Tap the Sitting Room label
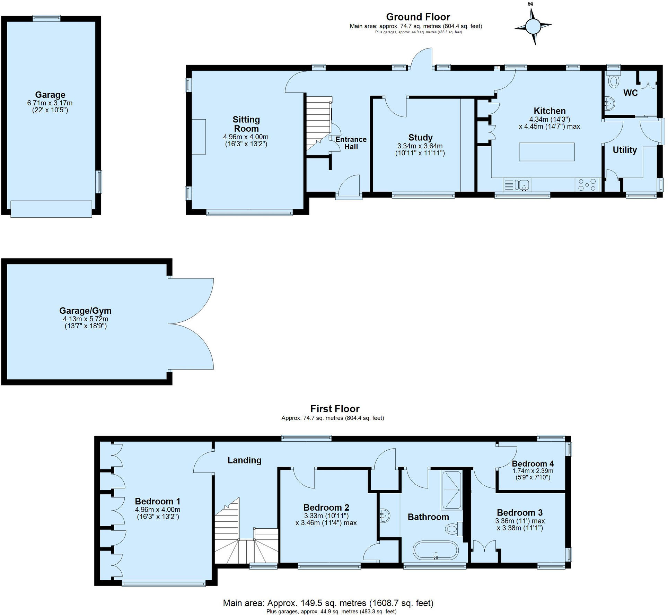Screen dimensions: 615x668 (246, 124)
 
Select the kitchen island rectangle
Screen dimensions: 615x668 (546, 152)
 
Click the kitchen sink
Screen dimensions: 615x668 (523, 184)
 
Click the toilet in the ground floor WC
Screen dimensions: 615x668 (614, 81)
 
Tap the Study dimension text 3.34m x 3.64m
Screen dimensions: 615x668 (420, 146)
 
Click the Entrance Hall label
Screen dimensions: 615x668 (351, 143)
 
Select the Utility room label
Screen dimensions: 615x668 (624, 150)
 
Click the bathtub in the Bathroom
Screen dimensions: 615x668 (436, 550)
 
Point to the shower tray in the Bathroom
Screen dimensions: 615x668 (451, 490)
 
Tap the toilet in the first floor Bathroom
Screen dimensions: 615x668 (454, 529)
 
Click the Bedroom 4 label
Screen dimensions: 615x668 (533, 464)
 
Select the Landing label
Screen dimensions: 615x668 (244, 460)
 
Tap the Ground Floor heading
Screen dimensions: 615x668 (418, 17)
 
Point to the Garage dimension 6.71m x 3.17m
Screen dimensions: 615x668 (50, 103)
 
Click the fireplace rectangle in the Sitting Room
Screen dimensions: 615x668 (199, 137)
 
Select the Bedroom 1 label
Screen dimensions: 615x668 (157, 501)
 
